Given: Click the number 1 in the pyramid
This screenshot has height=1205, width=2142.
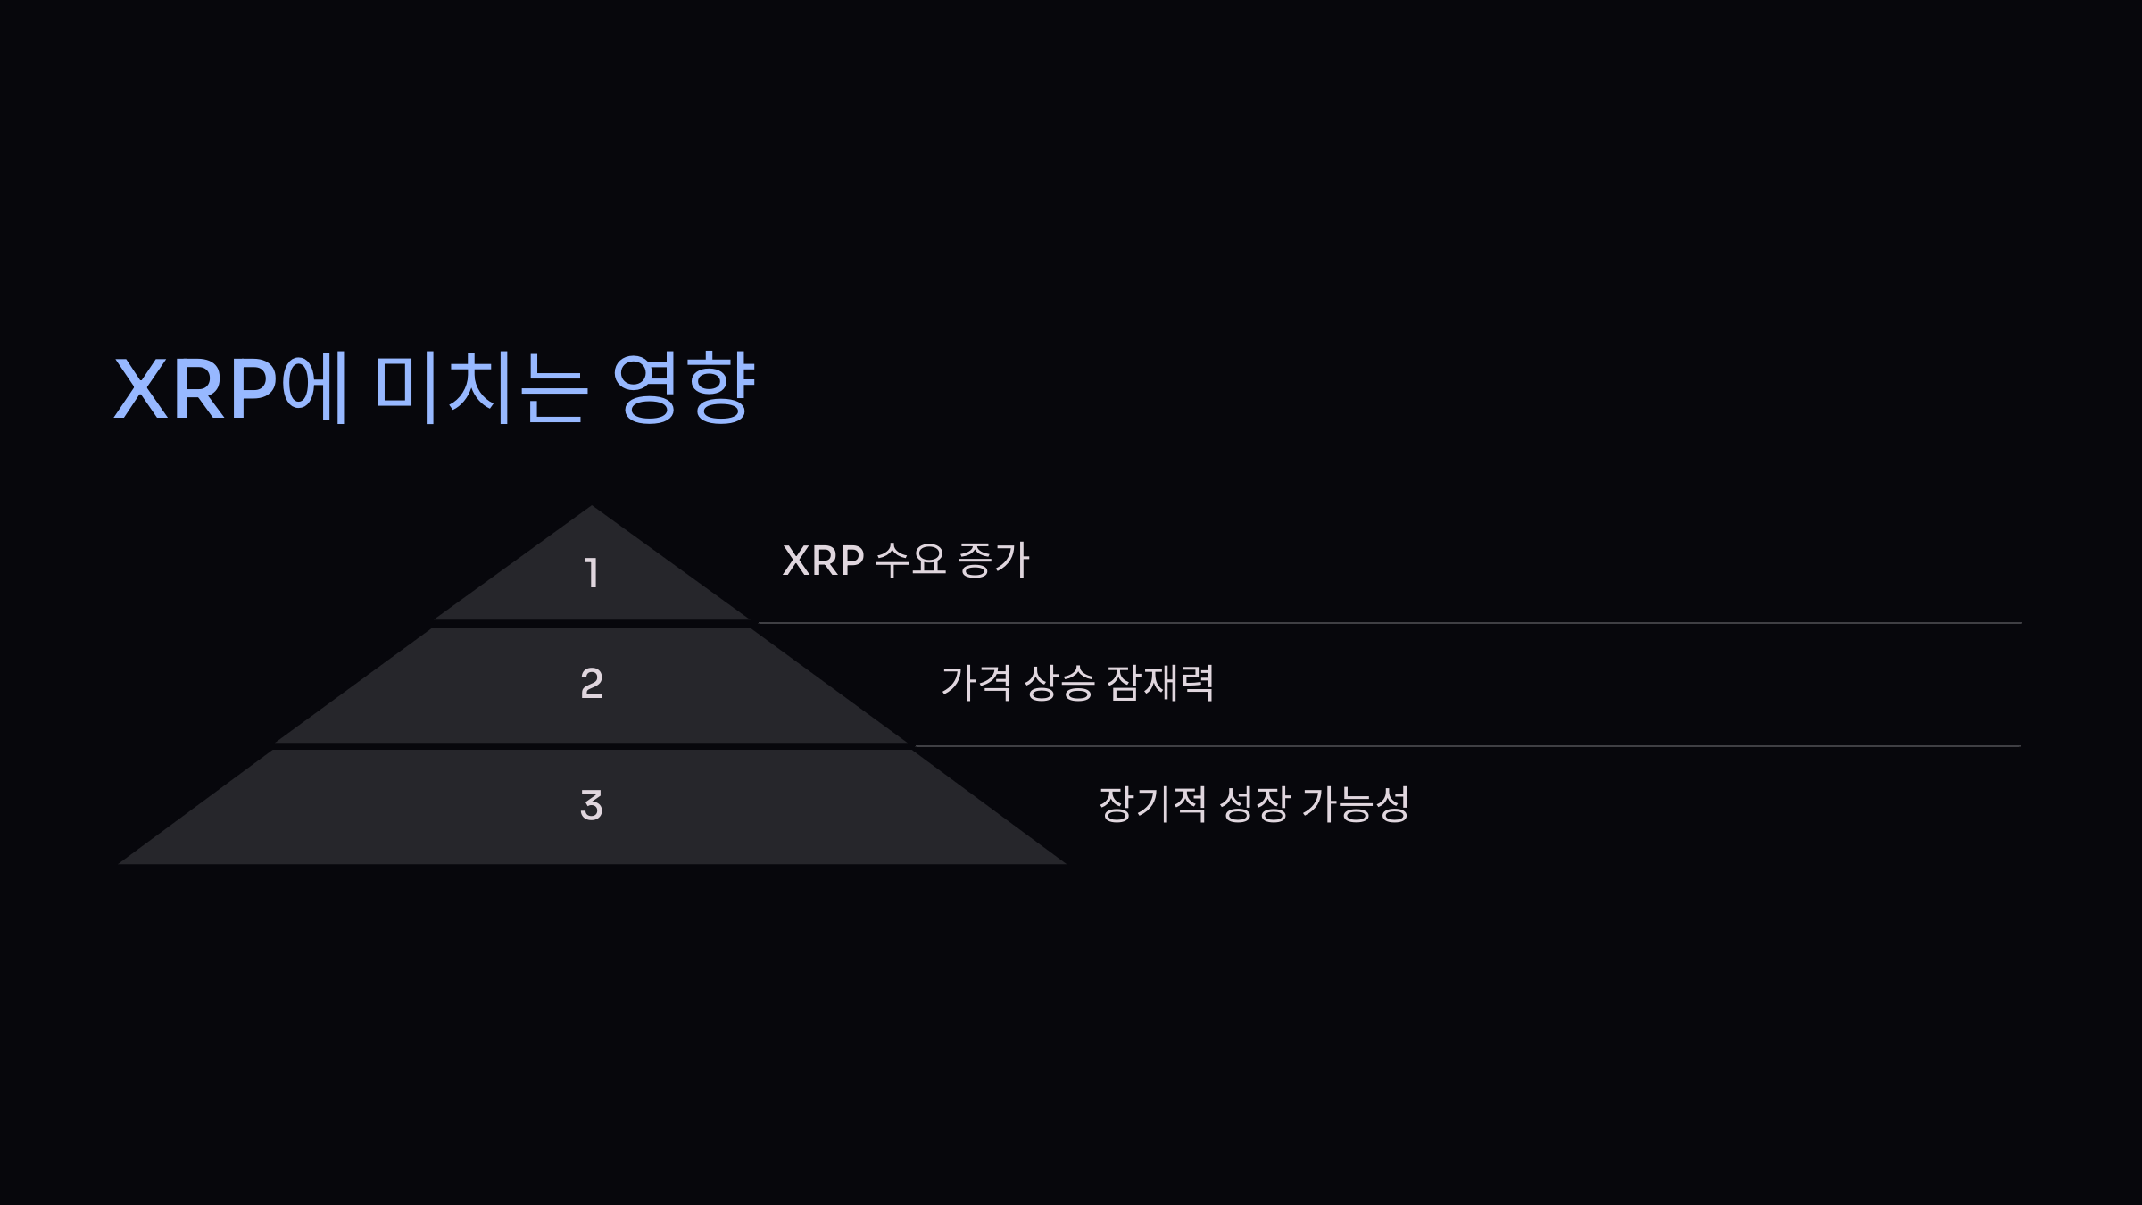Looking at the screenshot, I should (x=591, y=572).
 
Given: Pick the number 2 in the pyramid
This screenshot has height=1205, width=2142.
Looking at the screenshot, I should (x=592, y=684).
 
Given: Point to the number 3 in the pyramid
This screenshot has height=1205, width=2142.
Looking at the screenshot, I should (x=592, y=805).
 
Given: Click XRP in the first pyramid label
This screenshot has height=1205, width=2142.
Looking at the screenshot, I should (x=823, y=561).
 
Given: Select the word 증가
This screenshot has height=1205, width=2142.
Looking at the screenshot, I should (x=993, y=561).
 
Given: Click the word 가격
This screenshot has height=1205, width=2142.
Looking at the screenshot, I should (x=976, y=684).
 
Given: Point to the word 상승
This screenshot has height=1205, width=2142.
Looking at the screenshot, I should (x=1059, y=684).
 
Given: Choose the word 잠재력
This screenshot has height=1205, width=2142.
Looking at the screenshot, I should (x=1160, y=684).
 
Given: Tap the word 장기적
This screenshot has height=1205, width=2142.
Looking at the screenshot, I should (x=1152, y=805).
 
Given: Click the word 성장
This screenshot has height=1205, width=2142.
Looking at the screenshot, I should (x=1254, y=805).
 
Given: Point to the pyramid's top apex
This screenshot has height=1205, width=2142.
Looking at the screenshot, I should (x=591, y=508).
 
